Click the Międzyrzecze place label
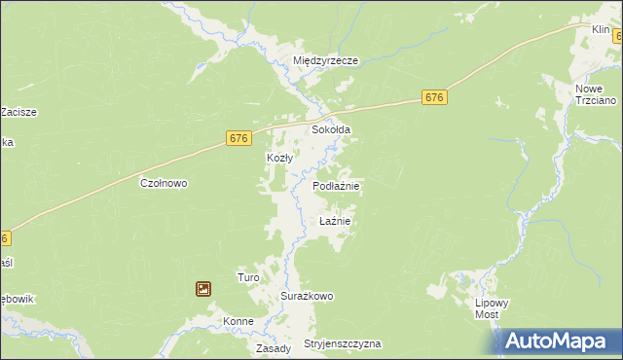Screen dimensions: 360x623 click(x=326, y=60)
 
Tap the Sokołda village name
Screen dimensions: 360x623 click(x=330, y=129)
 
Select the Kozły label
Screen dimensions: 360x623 click(x=280, y=158)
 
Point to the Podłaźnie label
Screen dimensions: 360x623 click(x=337, y=185)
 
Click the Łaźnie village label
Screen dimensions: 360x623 click(x=334, y=221)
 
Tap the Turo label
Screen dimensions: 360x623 click(x=248, y=277)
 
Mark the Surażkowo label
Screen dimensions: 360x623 click(x=308, y=296)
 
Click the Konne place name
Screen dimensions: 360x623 click(x=238, y=322)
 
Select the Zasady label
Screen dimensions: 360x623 click(x=274, y=348)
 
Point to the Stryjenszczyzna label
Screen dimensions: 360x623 click(x=342, y=344)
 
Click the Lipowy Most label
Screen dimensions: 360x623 click(x=492, y=308)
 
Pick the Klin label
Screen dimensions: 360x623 click(x=601, y=30)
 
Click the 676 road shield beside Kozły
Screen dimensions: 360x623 click(x=239, y=138)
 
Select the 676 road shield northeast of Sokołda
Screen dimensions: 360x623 click(x=435, y=97)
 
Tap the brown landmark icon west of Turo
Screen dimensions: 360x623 click(x=203, y=288)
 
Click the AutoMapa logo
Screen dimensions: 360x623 click(x=559, y=342)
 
